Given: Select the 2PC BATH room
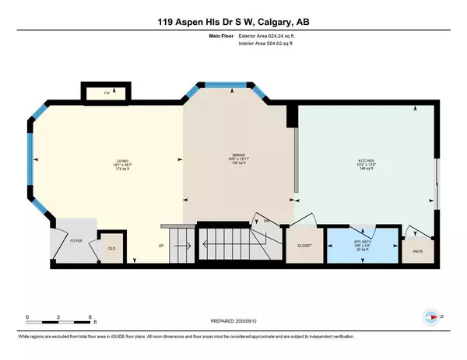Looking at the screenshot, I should click(x=360, y=243).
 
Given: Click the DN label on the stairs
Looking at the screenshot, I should click(x=265, y=222).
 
